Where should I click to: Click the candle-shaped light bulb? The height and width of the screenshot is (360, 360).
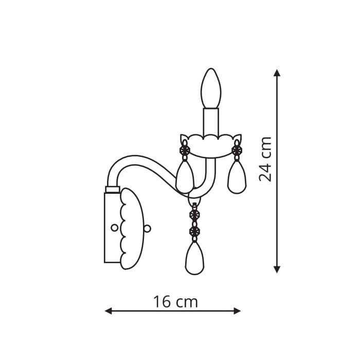[x=211, y=88]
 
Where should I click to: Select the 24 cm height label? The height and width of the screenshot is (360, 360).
[x=265, y=159]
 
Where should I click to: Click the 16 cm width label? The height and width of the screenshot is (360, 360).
[x=175, y=302]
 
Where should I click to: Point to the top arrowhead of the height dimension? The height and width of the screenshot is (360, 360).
[x=277, y=73]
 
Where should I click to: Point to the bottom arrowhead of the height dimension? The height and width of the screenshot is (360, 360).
[x=277, y=269]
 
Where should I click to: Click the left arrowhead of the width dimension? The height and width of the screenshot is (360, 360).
[x=108, y=311]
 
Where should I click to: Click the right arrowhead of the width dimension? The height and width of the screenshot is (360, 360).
[x=237, y=311]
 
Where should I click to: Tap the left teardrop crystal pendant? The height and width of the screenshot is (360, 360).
[x=185, y=177]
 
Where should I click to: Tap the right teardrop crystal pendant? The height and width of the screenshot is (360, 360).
[x=237, y=177]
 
